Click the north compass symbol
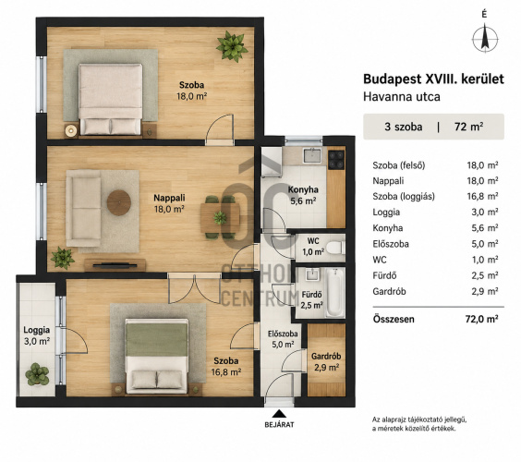click(x=485, y=38)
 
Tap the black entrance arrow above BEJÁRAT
click(x=279, y=413)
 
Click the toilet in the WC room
click(x=334, y=248)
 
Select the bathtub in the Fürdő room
click(x=334, y=293)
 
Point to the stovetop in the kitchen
click(x=336, y=159)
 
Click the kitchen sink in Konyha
click(x=312, y=155)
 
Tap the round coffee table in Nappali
click(x=119, y=202)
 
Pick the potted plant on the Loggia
click(x=37, y=374)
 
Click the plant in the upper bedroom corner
click(x=232, y=46)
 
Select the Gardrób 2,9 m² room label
click(x=326, y=362)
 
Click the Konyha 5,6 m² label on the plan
click(x=303, y=195)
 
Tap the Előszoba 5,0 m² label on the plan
click(x=283, y=339)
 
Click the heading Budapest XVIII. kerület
click(x=433, y=79)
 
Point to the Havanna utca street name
click(x=402, y=96)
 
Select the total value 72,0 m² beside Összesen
click(x=482, y=319)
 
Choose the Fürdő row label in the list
click(x=384, y=275)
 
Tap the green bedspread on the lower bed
click(x=156, y=339)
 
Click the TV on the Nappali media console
click(x=115, y=265)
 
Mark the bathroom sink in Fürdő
click(x=311, y=274)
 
